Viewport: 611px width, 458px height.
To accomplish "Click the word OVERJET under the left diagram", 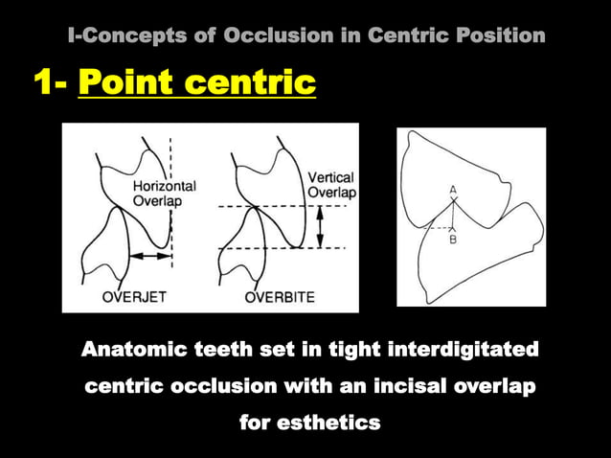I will click(134, 297).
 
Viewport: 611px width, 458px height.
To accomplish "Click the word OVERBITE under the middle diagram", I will click(280, 297).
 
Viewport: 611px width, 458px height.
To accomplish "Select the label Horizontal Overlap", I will click(164, 194).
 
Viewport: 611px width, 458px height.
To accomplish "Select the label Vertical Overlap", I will click(330, 185).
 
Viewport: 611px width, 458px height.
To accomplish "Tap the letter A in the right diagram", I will click(453, 191).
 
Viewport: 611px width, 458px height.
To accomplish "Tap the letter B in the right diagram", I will click(453, 240).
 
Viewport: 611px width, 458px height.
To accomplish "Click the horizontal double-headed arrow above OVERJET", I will click(150, 256).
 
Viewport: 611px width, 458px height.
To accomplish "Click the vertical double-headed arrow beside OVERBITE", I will click(321, 228).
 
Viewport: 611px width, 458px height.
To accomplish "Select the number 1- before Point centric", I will click(50, 83).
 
